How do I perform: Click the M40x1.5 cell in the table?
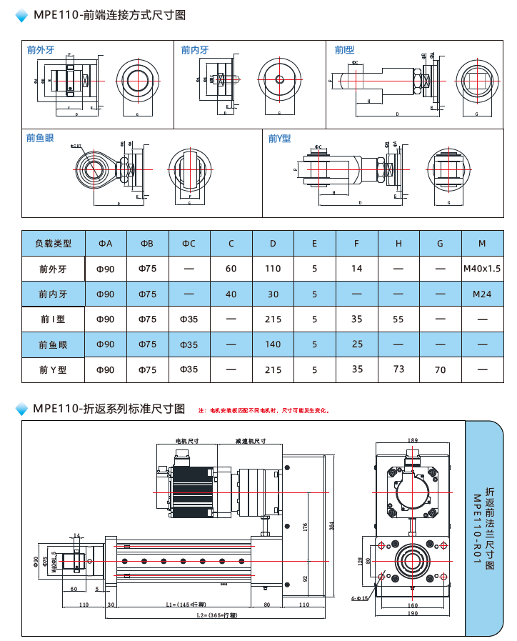(481, 269)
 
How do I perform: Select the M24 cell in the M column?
(481, 294)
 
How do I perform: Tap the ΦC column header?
(189, 244)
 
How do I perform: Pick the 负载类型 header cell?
(54, 244)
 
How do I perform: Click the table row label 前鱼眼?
(54, 344)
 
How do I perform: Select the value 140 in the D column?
(273, 344)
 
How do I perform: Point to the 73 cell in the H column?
(398, 369)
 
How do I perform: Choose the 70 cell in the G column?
(440, 370)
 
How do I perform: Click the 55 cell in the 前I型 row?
(398, 319)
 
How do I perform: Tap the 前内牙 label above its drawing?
(195, 50)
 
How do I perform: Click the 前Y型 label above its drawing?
(279, 139)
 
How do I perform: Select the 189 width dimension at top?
(413, 440)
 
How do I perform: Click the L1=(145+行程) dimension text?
(181, 605)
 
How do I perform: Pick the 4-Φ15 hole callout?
(359, 597)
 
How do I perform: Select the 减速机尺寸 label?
(251, 442)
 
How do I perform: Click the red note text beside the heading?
(263, 411)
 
